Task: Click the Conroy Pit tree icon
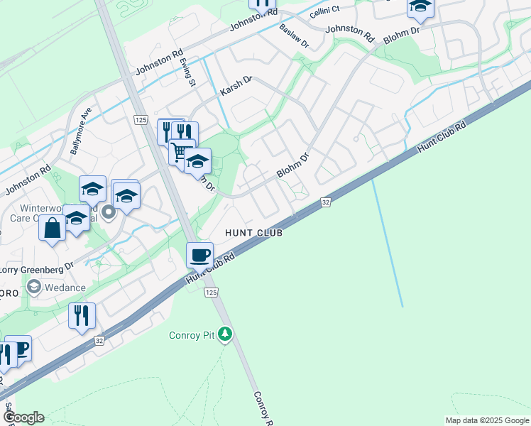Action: (225, 334)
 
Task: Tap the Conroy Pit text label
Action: (192, 335)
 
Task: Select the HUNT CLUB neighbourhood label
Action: (253, 233)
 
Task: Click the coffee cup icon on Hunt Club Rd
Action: (199, 253)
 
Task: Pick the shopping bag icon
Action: (52, 229)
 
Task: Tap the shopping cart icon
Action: (179, 151)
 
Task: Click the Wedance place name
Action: (65, 288)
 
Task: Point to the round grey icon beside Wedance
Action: (33, 287)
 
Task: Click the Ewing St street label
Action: (187, 72)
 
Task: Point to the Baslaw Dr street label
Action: (294, 35)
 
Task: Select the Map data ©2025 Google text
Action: (486, 420)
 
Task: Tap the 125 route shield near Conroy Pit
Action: (210, 293)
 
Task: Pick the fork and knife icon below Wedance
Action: (82, 315)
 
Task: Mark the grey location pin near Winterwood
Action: (109, 212)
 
